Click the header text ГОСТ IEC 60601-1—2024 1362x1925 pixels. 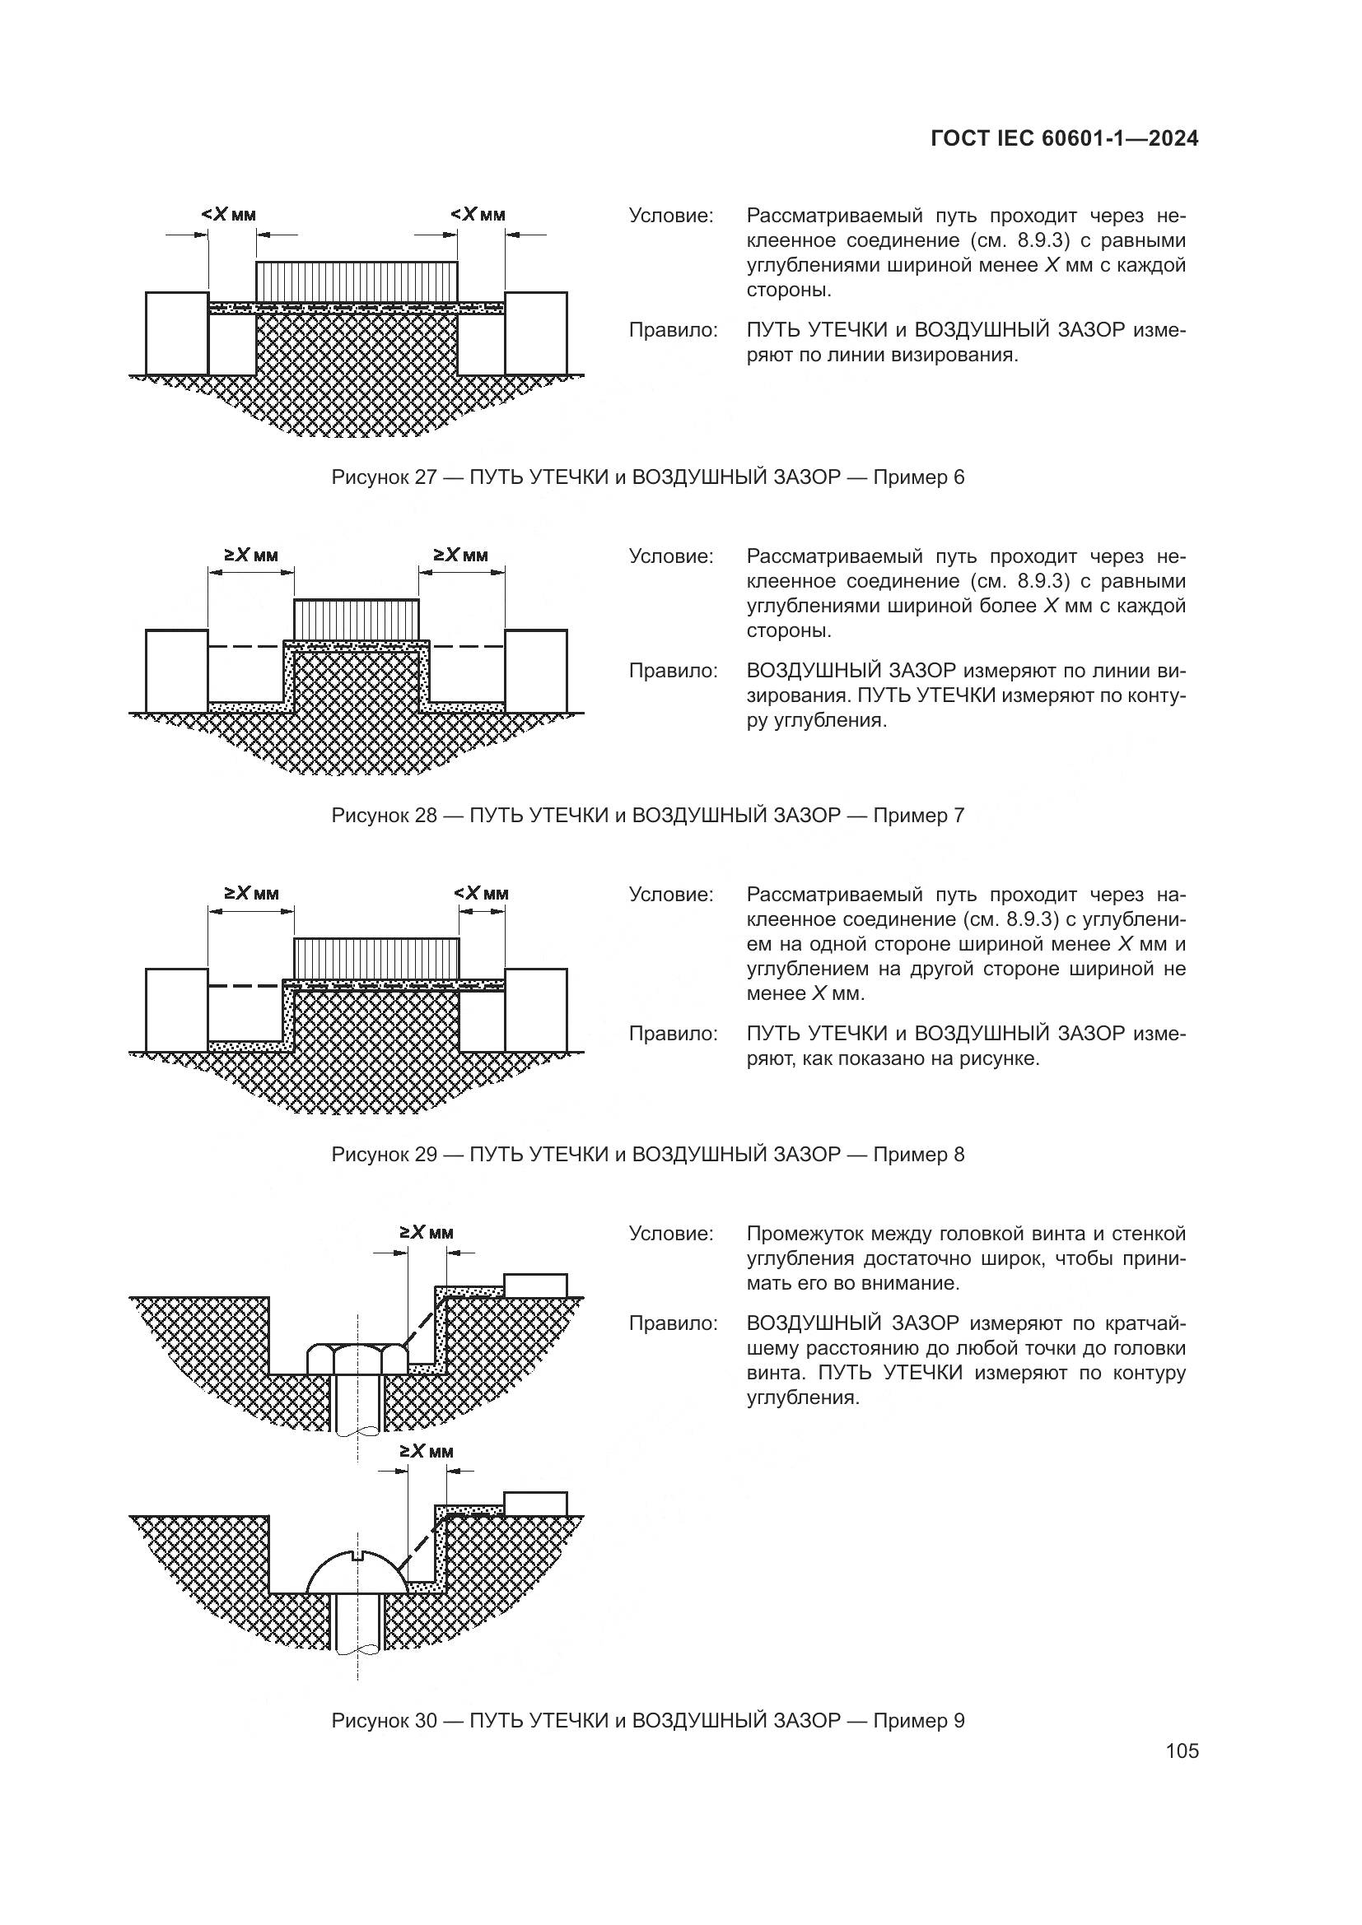tap(1064, 139)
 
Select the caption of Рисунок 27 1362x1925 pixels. tap(647, 477)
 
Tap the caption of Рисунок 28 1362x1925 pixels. tap(647, 815)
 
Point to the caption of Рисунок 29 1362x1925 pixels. tap(647, 1154)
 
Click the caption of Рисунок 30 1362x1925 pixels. tap(647, 1720)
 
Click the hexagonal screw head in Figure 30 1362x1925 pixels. tap(357, 1358)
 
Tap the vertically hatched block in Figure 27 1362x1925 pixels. tap(357, 281)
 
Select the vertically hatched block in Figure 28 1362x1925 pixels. tap(357, 619)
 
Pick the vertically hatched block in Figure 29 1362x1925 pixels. tap(376, 958)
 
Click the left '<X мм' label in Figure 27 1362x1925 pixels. tap(228, 215)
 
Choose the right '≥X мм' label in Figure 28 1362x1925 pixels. tap(460, 555)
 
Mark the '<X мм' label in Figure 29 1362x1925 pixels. tap(481, 893)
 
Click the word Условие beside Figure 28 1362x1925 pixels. tap(671, 556)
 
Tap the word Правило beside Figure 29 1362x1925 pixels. tap(674, 1034)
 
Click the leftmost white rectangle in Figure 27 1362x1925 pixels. tap(177, 333)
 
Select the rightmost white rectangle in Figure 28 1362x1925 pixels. tap(536, 671)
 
